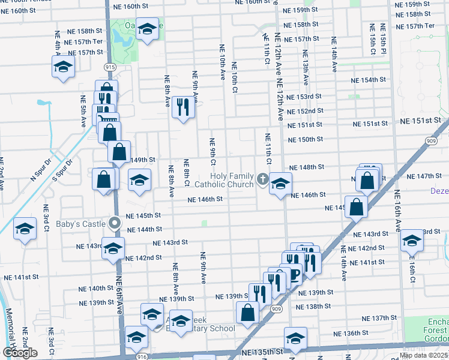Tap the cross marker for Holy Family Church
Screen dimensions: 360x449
[x=262, y=178]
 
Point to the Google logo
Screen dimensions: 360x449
[x=20, y=353]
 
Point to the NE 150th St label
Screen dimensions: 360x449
[x=306, y=139]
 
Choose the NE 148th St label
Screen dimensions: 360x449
[x=307, y=167]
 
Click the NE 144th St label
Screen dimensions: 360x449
[x=144, y=229]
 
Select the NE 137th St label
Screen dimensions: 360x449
[x=380, y=318]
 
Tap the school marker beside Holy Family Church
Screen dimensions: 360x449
[x=280, y=184]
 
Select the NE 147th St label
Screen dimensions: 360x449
[x=423, y=176]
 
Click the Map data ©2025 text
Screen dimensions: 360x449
[x=424, y=355]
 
